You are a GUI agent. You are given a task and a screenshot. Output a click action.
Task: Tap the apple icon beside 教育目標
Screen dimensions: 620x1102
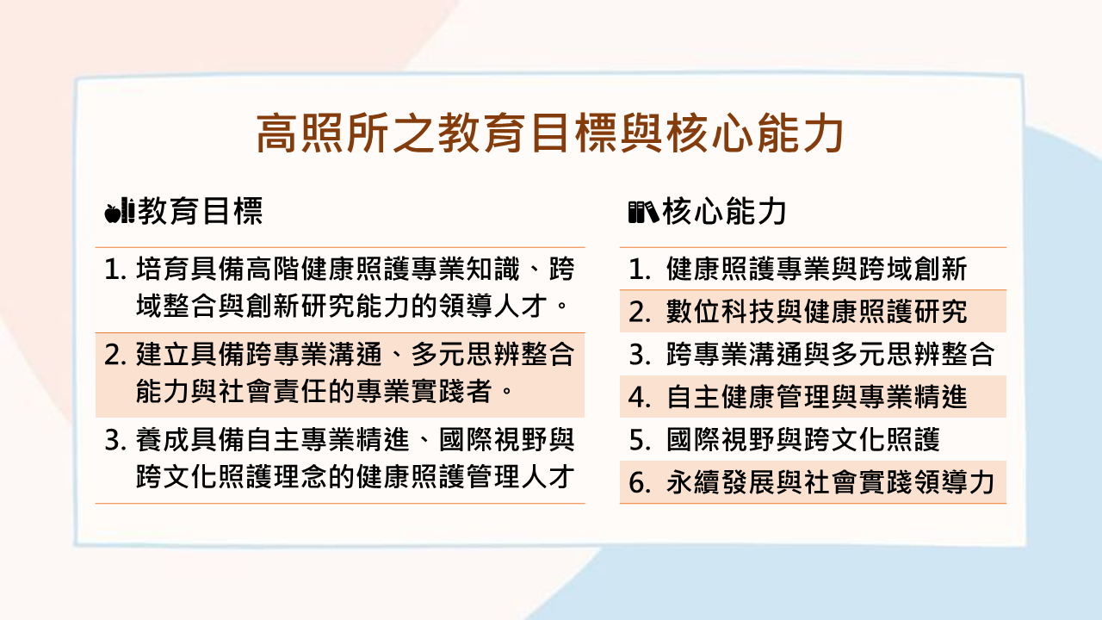tap(112, 212)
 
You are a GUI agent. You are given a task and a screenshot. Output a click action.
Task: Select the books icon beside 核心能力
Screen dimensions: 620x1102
tap(643, 212)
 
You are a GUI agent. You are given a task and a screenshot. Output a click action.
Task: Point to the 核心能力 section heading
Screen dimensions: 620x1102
tap(724, 212)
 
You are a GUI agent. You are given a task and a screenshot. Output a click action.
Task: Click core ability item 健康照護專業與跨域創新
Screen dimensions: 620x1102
tap(817, 270)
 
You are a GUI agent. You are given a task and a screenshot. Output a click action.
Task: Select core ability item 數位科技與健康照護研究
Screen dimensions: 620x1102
tap(817, 312)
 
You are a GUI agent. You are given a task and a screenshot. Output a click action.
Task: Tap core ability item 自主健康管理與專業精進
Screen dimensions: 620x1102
tap(817, 397)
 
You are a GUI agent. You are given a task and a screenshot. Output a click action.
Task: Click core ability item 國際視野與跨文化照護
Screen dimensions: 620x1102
tap(803, 441)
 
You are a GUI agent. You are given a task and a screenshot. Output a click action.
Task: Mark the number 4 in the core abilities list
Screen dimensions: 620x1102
tap(638, 397)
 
